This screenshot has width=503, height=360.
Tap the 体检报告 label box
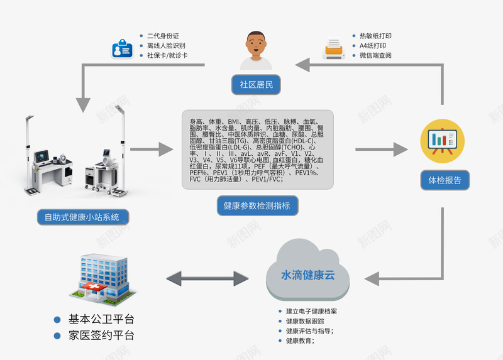coord(445,180)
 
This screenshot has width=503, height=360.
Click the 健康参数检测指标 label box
coord(257,205)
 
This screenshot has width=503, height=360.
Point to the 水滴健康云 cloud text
coord(307,275)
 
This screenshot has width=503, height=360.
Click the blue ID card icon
coord(121,48)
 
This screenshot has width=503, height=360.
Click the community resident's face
coord(256,45)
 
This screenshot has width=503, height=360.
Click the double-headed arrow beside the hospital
coord(207,277)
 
